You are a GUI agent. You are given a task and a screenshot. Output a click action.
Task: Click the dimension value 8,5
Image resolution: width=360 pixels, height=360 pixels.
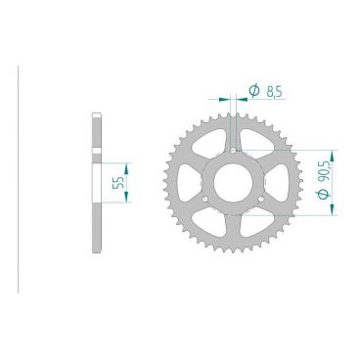273,91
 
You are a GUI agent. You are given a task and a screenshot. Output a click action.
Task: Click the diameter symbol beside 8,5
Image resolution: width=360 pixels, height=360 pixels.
253,91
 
